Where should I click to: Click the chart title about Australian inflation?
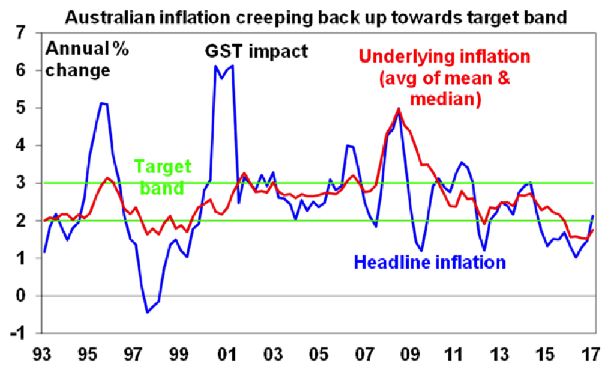coord(316,16)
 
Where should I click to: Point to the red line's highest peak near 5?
coord(399,110)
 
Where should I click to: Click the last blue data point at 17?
coord(593,216)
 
